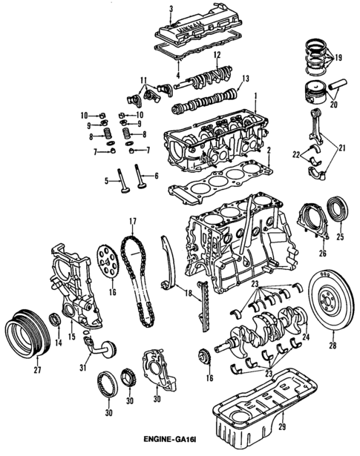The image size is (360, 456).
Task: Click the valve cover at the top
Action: click(x=200, y=30)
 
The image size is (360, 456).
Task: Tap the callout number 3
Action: click(x=170, y=8)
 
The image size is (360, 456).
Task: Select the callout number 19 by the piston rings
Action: click(x=338, y=57)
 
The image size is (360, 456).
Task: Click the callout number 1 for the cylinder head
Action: click(x=257, y=96)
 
